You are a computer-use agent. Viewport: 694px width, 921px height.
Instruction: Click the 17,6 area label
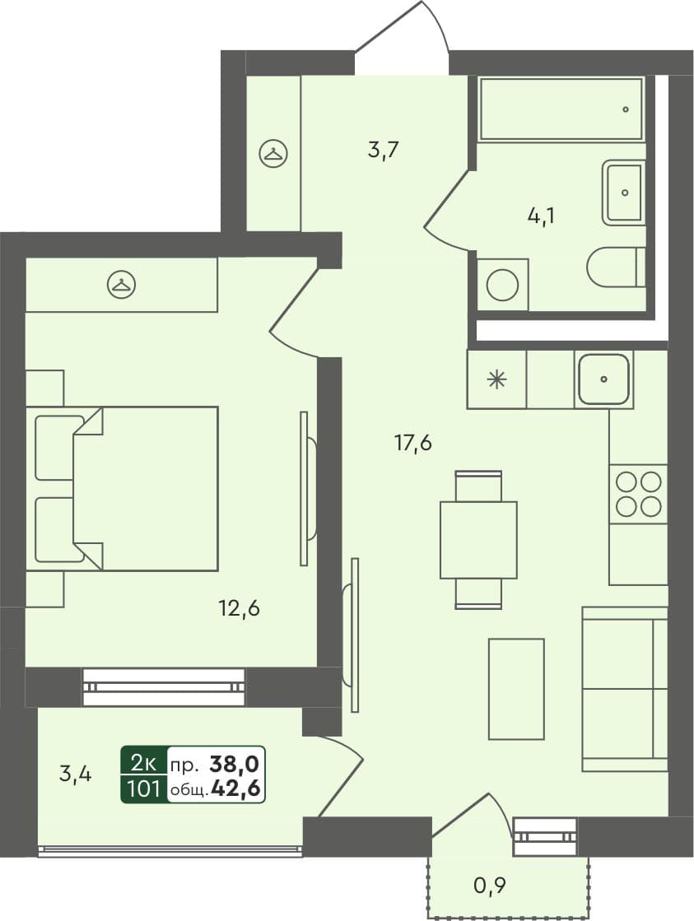(412, 444)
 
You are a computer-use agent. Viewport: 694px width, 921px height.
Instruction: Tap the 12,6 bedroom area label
(240, 610)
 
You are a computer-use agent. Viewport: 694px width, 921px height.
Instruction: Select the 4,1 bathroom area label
(540, 216)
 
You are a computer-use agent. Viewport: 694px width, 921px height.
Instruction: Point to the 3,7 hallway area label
(383, 151)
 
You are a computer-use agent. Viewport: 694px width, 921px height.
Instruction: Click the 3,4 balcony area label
(75, 774)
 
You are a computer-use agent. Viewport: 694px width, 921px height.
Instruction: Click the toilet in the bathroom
(615, 267)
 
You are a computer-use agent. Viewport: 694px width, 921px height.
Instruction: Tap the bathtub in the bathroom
(561, 109)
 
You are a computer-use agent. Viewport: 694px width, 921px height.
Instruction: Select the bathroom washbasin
(624, 193)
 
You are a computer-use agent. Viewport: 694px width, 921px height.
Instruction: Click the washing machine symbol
(502, 285)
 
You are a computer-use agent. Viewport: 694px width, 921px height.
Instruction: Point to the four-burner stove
(638, 493)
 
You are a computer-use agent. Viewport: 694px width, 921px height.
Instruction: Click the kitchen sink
(604, 379)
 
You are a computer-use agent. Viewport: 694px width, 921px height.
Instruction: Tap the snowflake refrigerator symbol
(496, 379)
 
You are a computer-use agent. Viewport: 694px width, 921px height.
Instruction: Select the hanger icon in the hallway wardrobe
(272, 152)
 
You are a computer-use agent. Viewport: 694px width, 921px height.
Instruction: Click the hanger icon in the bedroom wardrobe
(122, 285)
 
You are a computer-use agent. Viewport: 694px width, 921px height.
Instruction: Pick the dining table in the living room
(478, 539)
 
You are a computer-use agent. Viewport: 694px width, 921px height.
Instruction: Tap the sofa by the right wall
(624, 689)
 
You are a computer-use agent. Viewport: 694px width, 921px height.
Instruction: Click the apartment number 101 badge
(143, 789)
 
